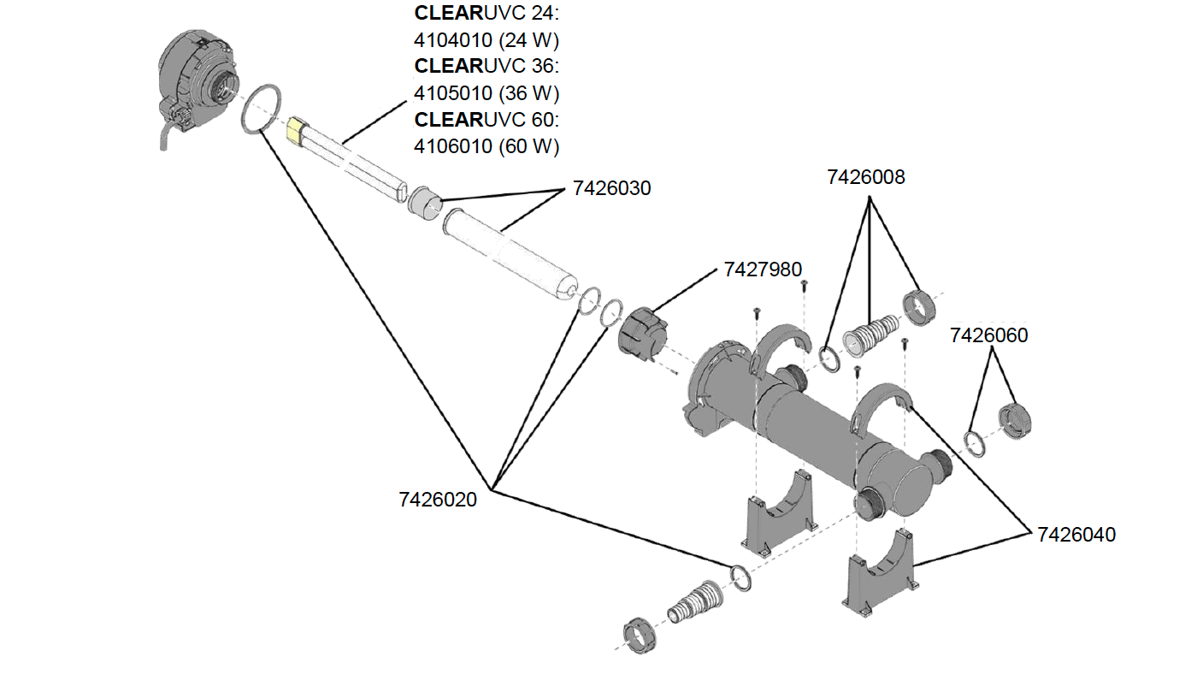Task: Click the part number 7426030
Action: point(611,188)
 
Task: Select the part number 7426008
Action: point(865,177)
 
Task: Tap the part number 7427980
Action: point(763,269)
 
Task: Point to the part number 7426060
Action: point(988,336)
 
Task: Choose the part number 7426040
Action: point(1076,535)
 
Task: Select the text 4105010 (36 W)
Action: point(486,92)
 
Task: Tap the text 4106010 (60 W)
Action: point(486,146)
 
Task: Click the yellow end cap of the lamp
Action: point(296,130)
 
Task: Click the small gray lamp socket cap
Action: point(424,202)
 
